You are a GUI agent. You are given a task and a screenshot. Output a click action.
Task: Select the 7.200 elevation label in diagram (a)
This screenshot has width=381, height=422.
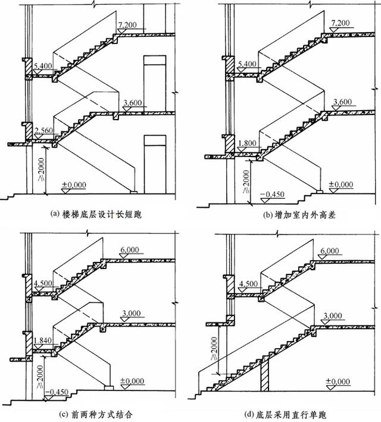click(129, 24)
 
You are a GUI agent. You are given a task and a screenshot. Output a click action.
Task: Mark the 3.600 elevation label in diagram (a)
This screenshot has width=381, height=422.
click(132, 104)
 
